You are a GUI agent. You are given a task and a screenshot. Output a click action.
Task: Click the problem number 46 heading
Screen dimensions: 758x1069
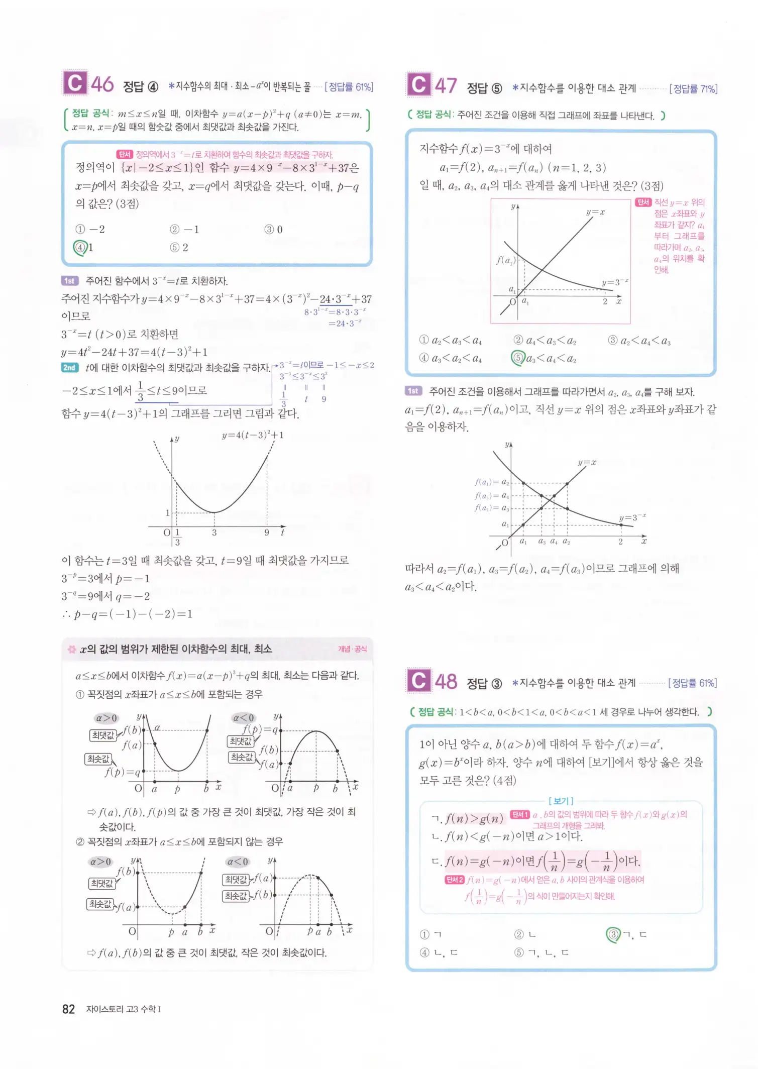102,84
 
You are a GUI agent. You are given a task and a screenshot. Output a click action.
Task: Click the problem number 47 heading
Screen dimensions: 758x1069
446,86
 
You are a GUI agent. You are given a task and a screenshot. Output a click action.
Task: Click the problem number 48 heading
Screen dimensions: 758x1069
446,681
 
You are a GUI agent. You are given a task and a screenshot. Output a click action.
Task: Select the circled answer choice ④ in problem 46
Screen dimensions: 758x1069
80,247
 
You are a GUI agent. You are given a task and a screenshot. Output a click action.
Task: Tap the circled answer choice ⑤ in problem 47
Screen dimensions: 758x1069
518,358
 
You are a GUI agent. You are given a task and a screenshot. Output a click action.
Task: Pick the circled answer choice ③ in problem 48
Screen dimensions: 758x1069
613,934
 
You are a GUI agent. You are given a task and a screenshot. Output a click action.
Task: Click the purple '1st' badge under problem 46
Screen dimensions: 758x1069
69,281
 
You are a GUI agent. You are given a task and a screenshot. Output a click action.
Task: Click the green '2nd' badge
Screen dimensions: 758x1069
69,368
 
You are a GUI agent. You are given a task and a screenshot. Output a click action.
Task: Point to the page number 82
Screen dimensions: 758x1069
68,1009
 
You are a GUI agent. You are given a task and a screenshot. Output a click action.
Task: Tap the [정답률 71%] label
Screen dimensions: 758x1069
693,89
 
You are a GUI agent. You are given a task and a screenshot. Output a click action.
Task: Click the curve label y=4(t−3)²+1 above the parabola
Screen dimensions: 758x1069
253,435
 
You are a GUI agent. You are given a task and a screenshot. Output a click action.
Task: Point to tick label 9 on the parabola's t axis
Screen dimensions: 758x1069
267,532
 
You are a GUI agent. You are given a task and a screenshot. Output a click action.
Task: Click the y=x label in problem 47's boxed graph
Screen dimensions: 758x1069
595,212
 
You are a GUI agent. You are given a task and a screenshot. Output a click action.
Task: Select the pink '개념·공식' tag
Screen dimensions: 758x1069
352,649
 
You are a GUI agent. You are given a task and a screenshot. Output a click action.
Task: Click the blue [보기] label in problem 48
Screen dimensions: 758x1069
561,801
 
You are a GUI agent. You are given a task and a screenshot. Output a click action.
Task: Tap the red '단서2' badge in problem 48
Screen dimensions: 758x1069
454,880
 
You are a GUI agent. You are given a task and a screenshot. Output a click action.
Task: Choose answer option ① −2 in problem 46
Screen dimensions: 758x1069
90,230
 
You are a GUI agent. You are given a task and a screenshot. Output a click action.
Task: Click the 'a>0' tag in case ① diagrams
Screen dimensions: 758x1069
106,718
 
